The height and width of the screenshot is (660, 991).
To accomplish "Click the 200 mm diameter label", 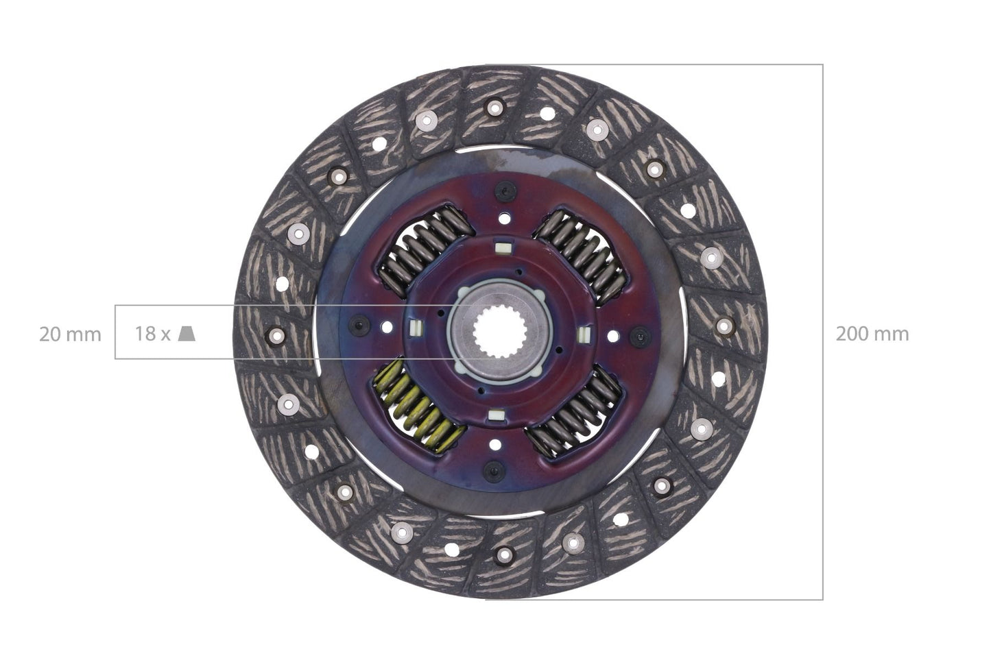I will click(x=872, y=334).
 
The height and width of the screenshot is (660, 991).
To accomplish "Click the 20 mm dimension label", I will click(x=70, y=334).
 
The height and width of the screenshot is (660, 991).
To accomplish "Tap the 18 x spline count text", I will click(x=152, y=334).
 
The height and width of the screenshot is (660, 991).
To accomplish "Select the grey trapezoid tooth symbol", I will click(x=187, y=334).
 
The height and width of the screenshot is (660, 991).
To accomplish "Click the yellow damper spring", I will click(x=416, y=408).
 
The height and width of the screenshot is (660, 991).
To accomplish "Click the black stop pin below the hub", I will click(x=492, y=471).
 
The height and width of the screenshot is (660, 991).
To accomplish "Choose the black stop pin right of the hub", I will click(x=640, y=335).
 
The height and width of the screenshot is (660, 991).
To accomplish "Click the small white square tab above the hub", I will click(x=501, y=245).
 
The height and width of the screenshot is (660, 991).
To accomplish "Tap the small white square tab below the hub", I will click(x=494, y=415).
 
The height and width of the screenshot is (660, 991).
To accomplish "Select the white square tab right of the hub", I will click(x=584, y=334).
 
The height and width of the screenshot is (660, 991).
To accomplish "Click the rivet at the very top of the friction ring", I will click(x=494, y=106).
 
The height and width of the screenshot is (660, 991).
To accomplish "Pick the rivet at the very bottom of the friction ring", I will click(x=503, y=554).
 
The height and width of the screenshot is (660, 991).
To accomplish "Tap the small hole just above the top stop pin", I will click(x=505, y=219).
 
